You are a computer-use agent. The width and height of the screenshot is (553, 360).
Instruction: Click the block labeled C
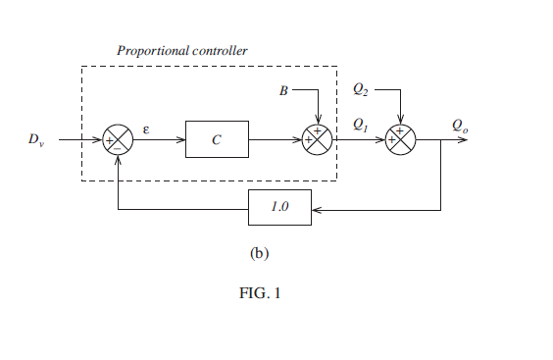tap(217, 140)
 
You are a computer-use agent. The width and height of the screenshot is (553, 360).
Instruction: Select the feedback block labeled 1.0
tap(279, 208)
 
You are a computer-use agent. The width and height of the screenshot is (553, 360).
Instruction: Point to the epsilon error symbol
tap(146, 128)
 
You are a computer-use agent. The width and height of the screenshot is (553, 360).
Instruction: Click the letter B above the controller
tap(283, 91)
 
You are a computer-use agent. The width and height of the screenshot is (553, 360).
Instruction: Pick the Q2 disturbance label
tap(361, 89)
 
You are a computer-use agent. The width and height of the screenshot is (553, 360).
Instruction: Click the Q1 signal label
tap(360, 124)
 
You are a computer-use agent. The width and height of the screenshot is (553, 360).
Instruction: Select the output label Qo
tap(459, 125)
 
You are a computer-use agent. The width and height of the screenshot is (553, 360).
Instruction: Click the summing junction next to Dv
tap(118, 140)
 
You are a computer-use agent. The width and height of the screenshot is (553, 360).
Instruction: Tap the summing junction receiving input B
tap(318, 140)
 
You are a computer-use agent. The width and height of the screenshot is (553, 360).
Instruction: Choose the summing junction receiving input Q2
tap(400, 140)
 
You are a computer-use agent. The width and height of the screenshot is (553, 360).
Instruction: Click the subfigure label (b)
tap(259, 252)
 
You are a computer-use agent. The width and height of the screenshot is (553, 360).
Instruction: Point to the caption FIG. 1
tap(260, 291)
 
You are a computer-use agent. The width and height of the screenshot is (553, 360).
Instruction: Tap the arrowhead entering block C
tap(181, 140)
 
